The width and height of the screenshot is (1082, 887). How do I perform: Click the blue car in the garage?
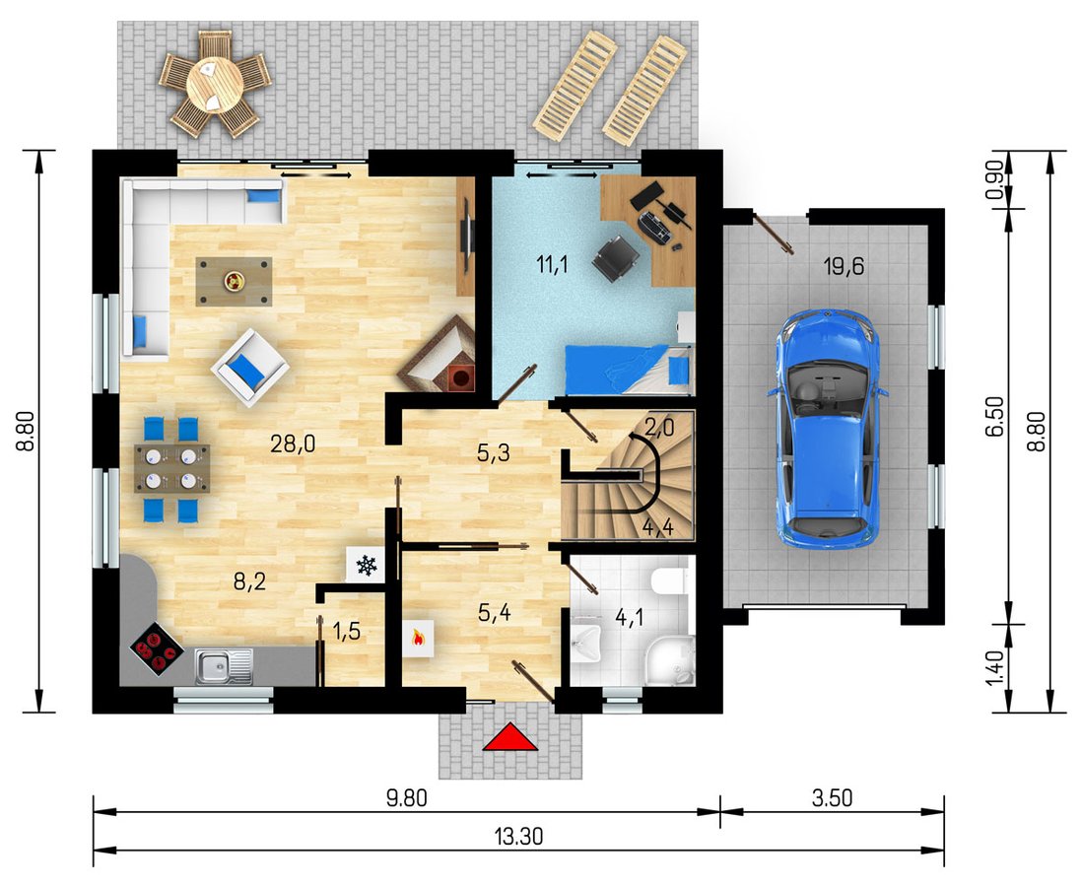827,428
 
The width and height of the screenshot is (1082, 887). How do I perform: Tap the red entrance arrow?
509,736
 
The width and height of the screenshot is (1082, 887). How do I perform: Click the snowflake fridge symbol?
365,567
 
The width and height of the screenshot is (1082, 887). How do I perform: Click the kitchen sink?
223,666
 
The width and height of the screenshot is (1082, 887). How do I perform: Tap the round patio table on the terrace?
215,85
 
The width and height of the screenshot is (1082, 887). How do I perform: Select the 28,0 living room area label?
293,443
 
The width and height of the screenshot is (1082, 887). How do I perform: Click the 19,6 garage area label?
844,265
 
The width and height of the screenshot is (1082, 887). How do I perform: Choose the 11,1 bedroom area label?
552,264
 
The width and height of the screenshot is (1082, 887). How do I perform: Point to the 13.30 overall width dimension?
519,837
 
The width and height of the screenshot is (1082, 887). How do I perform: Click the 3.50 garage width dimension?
833,798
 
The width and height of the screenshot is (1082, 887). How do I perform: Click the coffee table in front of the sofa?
234,281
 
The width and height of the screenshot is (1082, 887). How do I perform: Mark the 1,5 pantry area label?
347,631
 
